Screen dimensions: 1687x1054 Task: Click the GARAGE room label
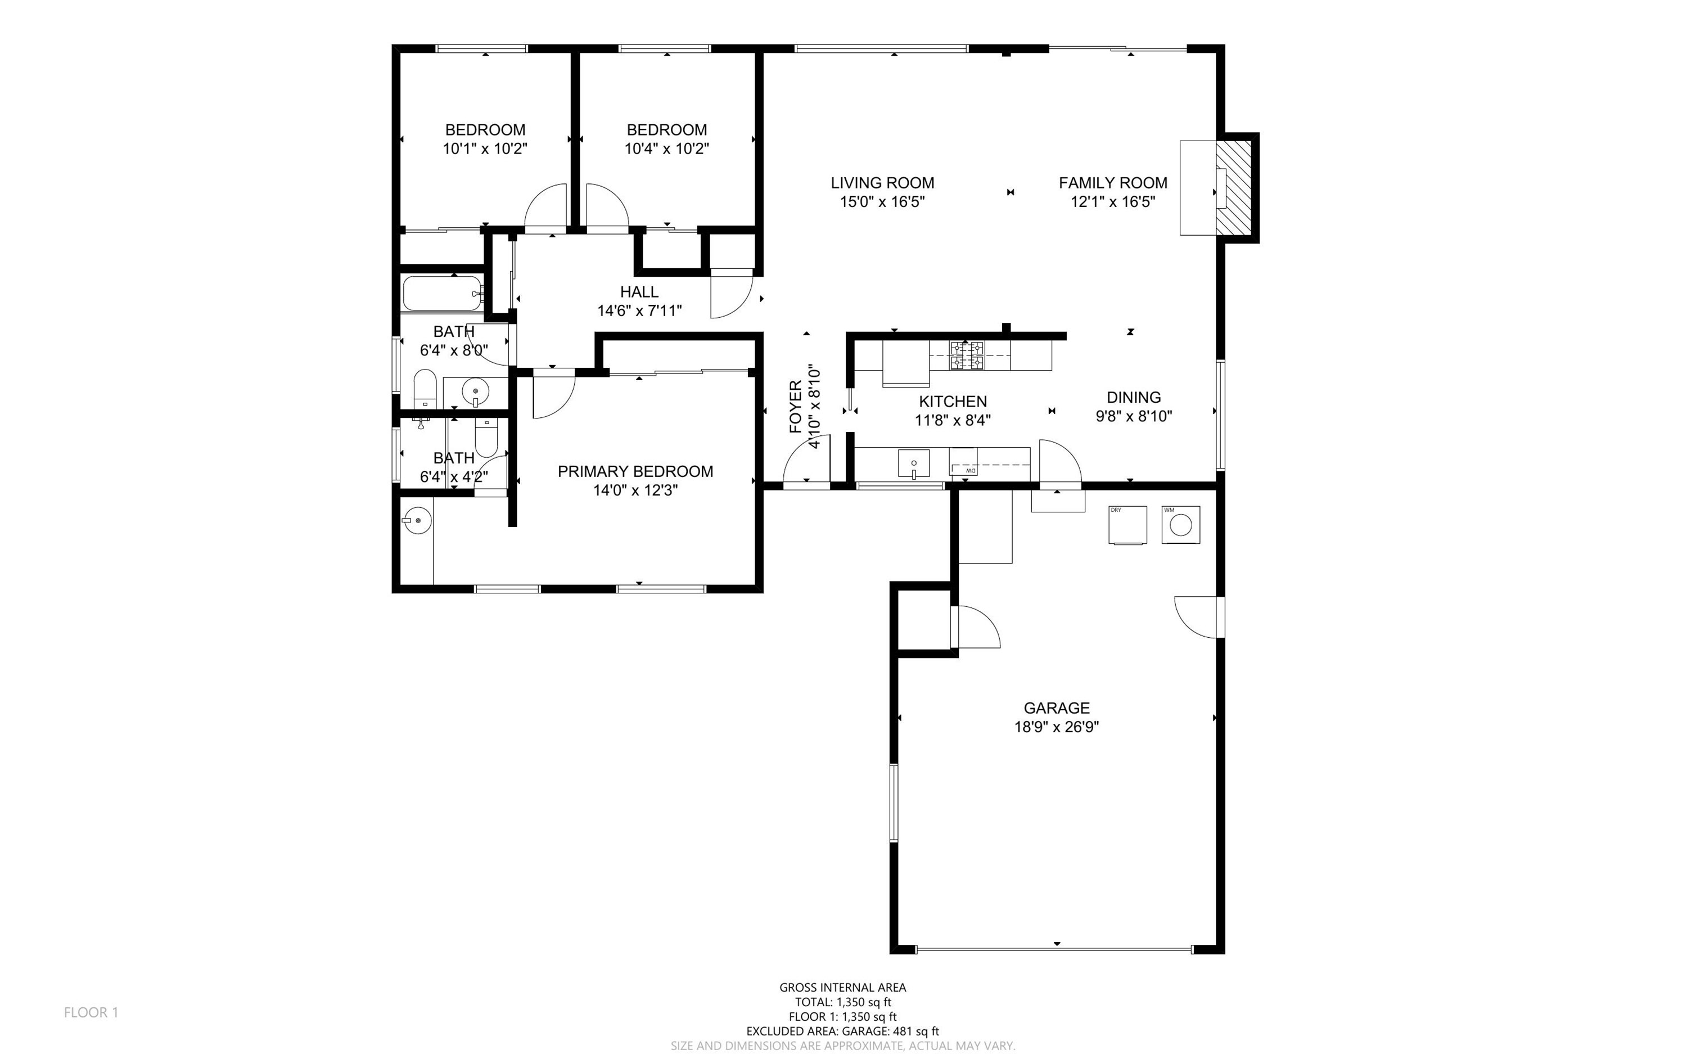pyautogui.click(x=1057, y=708)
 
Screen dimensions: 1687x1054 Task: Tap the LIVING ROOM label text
pyautogui.click(x=882, y=183)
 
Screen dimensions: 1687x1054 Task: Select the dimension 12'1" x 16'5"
pyautogui.click(x=1113, y=202)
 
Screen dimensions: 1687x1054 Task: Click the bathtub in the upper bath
pyautogui.click(x=443, y=294)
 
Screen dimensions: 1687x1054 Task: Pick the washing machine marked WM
pyautogui.click(x=1180, y=525)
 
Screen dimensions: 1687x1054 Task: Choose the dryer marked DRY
pyautogui.click(x=1127, y=525)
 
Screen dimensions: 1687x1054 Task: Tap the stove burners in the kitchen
pyautogui.click(x=967, y=355)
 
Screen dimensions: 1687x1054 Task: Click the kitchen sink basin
pyautogui.click(x=914, y=463)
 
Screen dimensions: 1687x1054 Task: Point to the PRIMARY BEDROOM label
pyautogui.click(x=635, y=471)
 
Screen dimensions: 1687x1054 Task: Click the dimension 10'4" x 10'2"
pyautogui.click(x=667, y=148)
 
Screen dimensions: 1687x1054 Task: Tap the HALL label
pyautogui.click(x=639, y=291)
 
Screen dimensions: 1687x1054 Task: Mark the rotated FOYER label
pyautogui.click(x=796, y=407)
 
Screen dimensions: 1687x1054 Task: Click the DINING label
pyautogui.click(x=1134, y=397)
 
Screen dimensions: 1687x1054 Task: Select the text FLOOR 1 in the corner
pyautogui.click(x=91, y=1012)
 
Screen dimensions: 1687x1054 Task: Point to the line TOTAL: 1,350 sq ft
pyautogui.click(x=843, y=1002)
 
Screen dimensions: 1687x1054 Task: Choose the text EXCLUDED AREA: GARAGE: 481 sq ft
pyautogui.click(x=843, y=1031)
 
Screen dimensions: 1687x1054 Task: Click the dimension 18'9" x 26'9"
pyautogui.click(x=1057, y=727)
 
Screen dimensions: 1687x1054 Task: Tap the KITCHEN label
pyautogui.click(x=953, y=402)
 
